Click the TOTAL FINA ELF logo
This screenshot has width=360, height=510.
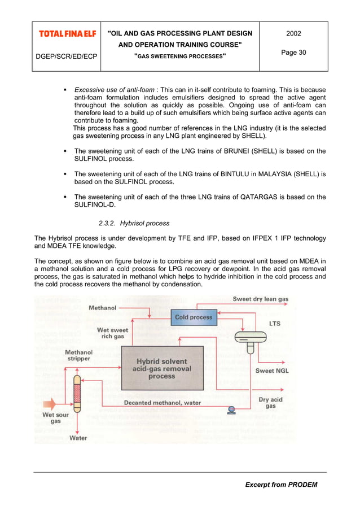point(67,34)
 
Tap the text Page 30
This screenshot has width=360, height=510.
point(293,53)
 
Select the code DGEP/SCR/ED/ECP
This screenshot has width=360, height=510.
point(66,56)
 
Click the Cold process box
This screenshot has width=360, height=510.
point(194,317)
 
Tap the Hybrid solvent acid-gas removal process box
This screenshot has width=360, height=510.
point(161,369)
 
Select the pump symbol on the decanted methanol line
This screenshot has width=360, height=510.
point(231,409)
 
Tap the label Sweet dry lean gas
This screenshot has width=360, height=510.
point(261,299)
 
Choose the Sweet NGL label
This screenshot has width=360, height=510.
point(272,371)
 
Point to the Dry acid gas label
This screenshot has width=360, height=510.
point(271,402)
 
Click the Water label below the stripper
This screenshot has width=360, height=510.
point(78,438)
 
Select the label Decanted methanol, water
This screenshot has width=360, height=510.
point(162,403)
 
